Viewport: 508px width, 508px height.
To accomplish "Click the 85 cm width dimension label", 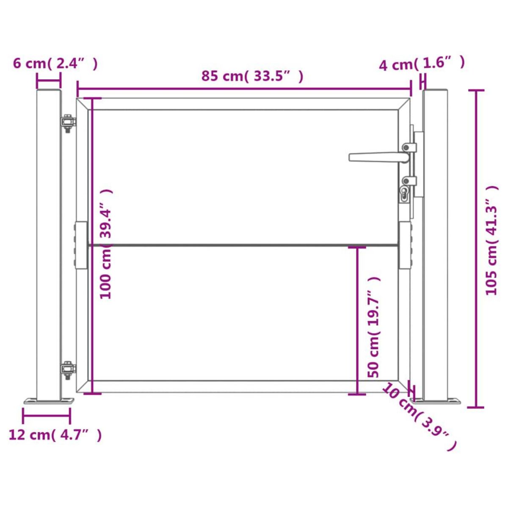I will tap(252, 76).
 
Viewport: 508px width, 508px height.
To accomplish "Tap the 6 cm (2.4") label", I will tap(55, 63).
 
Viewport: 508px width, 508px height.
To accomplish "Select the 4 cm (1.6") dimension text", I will tap(422, 63).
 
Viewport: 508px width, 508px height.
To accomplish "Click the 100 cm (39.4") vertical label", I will tap(106, 243).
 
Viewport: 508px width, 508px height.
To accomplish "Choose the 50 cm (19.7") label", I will tap(373, 327).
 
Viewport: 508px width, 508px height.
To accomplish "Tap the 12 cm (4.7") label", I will tap(55, 435).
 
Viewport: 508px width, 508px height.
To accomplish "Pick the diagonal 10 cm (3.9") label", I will tap(419, 417).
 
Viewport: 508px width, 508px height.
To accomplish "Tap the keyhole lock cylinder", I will tap(405, 194).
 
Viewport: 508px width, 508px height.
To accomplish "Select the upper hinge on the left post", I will tap(67, 123).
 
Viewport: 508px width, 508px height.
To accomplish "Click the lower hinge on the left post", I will tap(67, 371).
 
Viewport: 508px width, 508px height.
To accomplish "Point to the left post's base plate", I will tap(49, 400).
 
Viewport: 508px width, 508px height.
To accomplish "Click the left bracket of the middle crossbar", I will tap(81, 246).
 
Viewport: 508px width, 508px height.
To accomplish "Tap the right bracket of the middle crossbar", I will tap(405, 246).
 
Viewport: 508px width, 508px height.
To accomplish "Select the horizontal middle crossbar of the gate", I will tap(241, 245).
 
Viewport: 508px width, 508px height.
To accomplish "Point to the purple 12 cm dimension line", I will tap(47, 416).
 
